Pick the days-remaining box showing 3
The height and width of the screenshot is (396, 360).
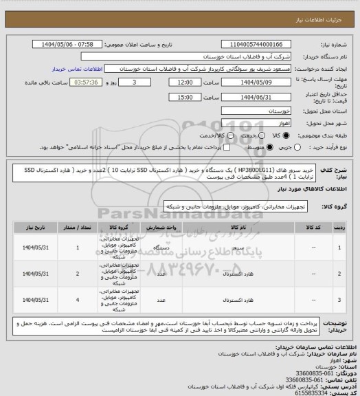(133, 82)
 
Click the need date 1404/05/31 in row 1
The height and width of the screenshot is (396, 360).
(35, 248)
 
